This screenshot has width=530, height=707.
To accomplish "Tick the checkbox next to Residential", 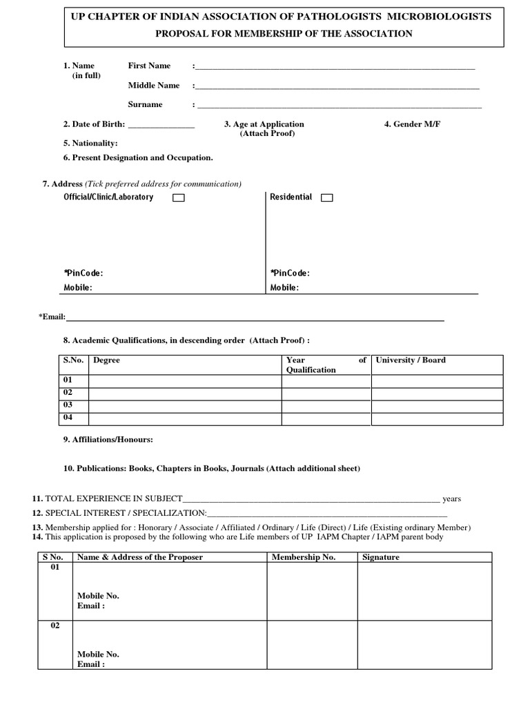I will [327, 198].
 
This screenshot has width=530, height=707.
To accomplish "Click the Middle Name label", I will [154, 86].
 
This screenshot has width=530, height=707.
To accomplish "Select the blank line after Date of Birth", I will [161, 126].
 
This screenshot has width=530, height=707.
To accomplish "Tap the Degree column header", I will [107, 360].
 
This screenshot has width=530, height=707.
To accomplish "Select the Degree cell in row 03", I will [185, 405].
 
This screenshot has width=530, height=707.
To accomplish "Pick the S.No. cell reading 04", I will [68, 418].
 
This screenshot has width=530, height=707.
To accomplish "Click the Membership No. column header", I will [304, 557].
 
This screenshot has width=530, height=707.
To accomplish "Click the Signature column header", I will [381, 557].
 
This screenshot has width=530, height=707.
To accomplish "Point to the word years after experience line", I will [452, 498].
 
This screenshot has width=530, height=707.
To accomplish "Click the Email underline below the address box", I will [255, 319].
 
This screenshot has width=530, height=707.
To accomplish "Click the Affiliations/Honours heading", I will [108, 440].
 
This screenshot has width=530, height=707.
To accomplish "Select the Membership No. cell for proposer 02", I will [311, 645].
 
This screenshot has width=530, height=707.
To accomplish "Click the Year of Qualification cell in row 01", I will [326, 380].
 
